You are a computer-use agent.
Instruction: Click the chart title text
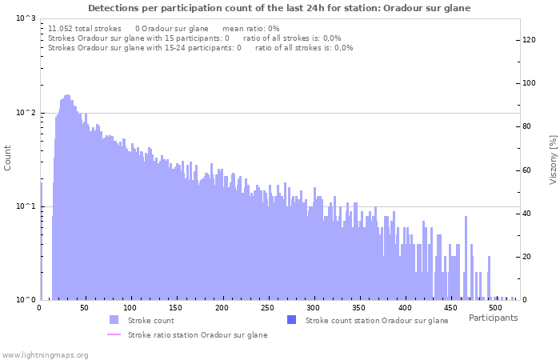coord(279,8)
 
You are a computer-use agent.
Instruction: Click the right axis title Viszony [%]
coord(552,159)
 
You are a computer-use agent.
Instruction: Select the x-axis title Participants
coord(493,318)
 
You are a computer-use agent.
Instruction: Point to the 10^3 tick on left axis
coord(25,18)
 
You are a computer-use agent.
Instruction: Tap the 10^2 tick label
coord(25,113)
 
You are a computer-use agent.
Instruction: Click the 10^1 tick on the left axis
coord(25,207)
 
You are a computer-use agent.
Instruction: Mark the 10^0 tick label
coord(25,301)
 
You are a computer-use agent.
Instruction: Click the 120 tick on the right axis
coord(529,39)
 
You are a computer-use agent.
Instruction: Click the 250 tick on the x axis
coord(267,308)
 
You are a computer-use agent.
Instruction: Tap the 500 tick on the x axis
coord(495,308)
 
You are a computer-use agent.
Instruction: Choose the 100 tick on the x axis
coord(130,308)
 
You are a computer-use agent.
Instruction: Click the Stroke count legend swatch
coord(114,320)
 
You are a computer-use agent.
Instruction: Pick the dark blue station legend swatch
coord(292,320)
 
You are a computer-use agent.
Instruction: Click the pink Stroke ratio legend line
coord(114,334)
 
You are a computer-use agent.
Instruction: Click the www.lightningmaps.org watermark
coord(46,354)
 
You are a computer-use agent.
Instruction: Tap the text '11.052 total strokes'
coord(85,28)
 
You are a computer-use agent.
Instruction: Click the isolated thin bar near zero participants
coord(42,240)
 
